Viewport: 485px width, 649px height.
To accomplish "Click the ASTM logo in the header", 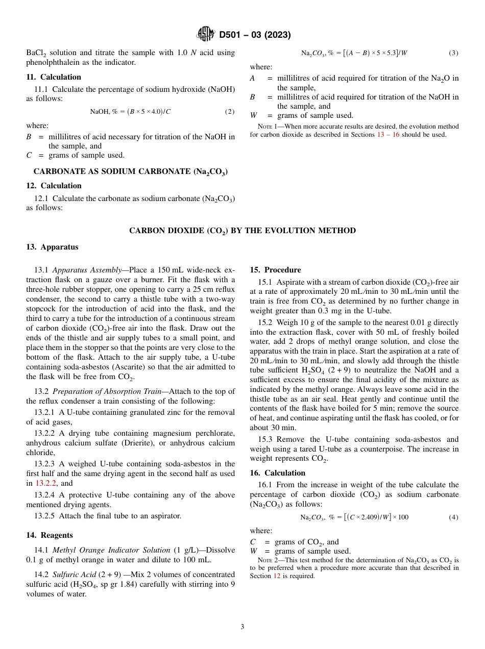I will pyautogui.click(x=206, y=35).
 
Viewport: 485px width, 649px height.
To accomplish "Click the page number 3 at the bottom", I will pyautogui.click(x=243, y=627).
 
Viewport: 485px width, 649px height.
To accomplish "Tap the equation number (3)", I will pyautogui.click(x=453, y=53).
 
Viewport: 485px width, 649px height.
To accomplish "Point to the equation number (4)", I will pyautogui.click(x=453, y=517).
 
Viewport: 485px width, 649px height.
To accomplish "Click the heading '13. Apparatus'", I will pyautogui.click(x=52, y=247).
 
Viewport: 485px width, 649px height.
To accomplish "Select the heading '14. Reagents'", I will pyautogui.click(x=50, y=535).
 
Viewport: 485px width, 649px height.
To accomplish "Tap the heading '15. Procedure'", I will pyautogui.click(x=275, y=270).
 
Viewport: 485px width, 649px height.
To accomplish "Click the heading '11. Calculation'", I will pyautogui.click(x=54, y=77).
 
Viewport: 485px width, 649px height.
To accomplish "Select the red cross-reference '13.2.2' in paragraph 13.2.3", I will pyautogui.click(x=46, y=483).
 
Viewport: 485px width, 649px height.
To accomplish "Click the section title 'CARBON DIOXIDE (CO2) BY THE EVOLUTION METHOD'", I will pyautogui.click(x=243, y=231).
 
